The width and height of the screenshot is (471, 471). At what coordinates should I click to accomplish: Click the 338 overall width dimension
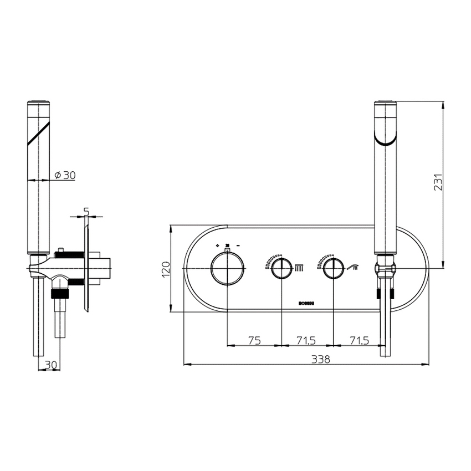tap(320, 359)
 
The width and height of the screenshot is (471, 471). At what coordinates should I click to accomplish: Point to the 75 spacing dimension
tap(254, 341)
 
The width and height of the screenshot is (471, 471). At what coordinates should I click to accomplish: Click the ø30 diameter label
tap(65, 175)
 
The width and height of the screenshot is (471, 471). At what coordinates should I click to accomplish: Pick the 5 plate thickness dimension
tap(86, 211)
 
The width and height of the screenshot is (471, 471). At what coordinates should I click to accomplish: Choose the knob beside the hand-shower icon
tap(334, 269)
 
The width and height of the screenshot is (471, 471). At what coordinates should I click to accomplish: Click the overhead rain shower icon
tap(298, 268)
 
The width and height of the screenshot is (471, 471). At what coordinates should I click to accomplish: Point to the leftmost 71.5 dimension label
tap(306, 341)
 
